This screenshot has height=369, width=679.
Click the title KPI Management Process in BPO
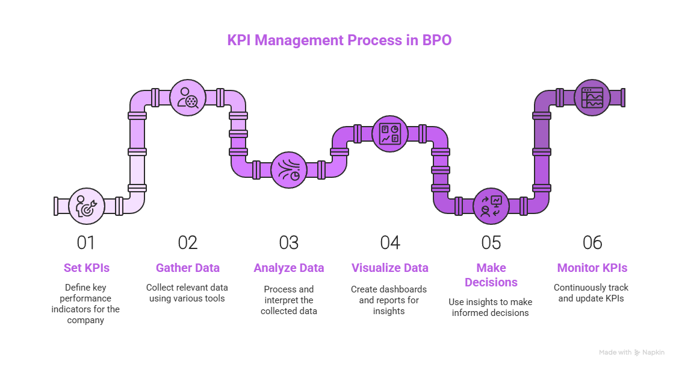tap(339, 41)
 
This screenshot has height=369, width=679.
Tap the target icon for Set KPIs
tap(87, 206)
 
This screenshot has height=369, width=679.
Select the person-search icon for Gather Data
tap(188, 98)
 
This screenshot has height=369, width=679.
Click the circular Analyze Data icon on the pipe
tap(289, 170)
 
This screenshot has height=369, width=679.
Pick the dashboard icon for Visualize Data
tap(390, 134)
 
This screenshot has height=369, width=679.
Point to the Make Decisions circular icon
tap(491, 206)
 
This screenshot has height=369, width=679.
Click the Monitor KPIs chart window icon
tap(592, 98)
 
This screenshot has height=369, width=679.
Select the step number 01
tap(86, 243)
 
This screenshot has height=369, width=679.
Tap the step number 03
tap(289, 243)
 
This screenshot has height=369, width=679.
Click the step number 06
tap(592, 243)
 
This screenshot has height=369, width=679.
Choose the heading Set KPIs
tap(86, 268)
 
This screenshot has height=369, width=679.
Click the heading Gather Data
tap(188, 268)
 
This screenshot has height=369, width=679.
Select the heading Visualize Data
tap(390, 268)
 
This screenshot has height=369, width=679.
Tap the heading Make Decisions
tap(491, 275)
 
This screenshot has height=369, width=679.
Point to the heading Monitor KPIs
tap(592, 268)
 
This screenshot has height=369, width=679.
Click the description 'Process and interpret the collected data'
tap(289, 300)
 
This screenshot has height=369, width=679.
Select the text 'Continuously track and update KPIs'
tap(592, 293)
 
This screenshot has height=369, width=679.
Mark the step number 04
tap(390, 243)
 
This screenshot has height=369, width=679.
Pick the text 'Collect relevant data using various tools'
tap(188, 293)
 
